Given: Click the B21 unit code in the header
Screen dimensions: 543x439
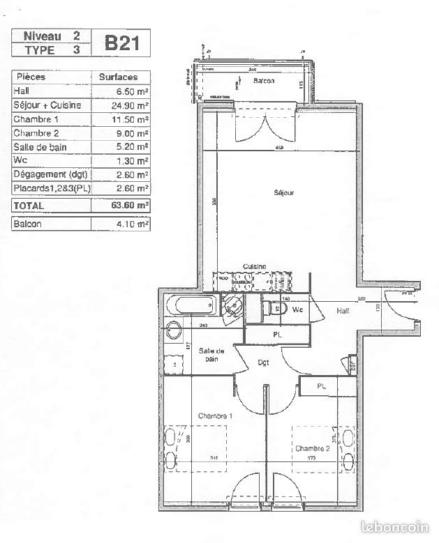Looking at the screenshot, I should tap(126, 43).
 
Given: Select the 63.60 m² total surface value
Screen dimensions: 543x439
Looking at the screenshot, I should tap(133, 206).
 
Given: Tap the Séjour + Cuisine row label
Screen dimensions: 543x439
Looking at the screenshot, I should tap(47, 105).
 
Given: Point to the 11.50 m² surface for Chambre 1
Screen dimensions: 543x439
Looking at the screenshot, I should tap(133, 119).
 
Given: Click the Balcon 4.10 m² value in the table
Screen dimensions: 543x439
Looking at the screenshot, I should tap(133, 224).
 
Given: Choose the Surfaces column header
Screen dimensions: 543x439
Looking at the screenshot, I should tap(118, 77).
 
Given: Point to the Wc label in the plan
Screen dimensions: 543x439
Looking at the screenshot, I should tap(297, 309).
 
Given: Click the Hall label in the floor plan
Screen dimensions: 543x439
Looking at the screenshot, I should tap(343, 311).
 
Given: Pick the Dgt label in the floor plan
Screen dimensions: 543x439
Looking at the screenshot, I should tap(263, 362).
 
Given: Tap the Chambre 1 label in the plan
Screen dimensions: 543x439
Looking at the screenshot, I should tap(215, 416).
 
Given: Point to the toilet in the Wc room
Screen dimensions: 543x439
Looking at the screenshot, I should tap(271, 309).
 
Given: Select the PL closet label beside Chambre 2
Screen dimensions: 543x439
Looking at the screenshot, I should tap(322, 385).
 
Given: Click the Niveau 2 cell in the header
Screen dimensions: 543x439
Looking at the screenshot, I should tap(52, 36).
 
